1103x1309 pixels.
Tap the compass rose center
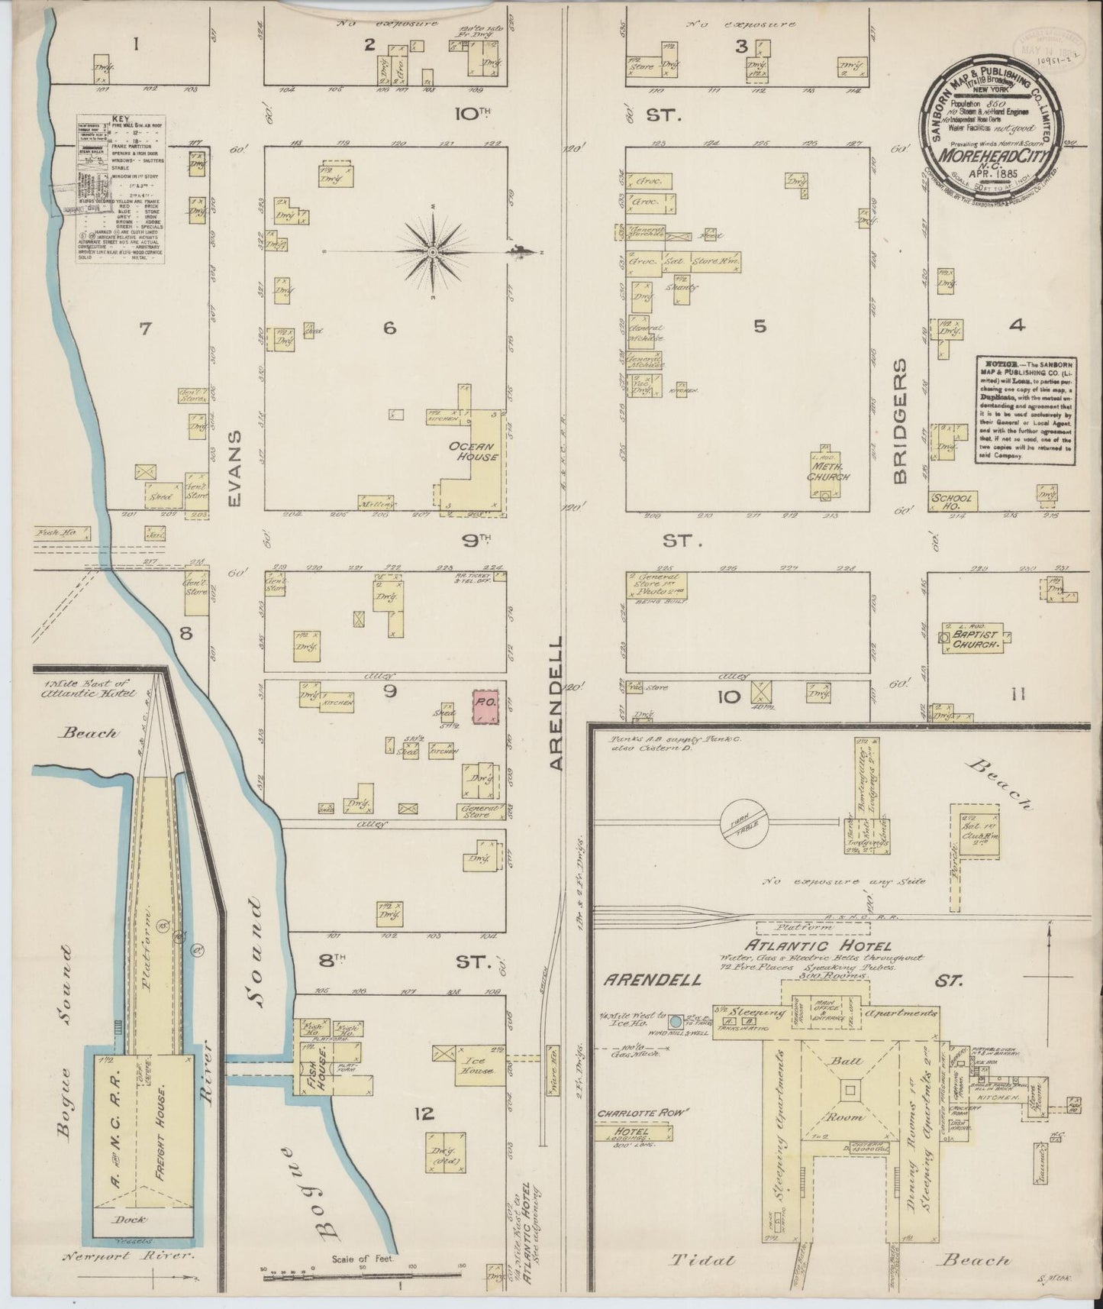point(432,251)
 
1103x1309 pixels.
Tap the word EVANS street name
point(234,467)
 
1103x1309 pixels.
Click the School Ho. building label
point(952,501)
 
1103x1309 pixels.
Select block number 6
point(389,328)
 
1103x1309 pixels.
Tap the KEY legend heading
point(119,120)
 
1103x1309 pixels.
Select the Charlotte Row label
point(634,1113)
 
